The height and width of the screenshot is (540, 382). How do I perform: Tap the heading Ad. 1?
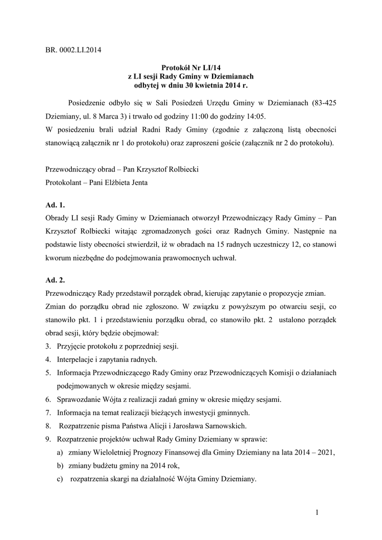pyautogui.click(x=55, y=204)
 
